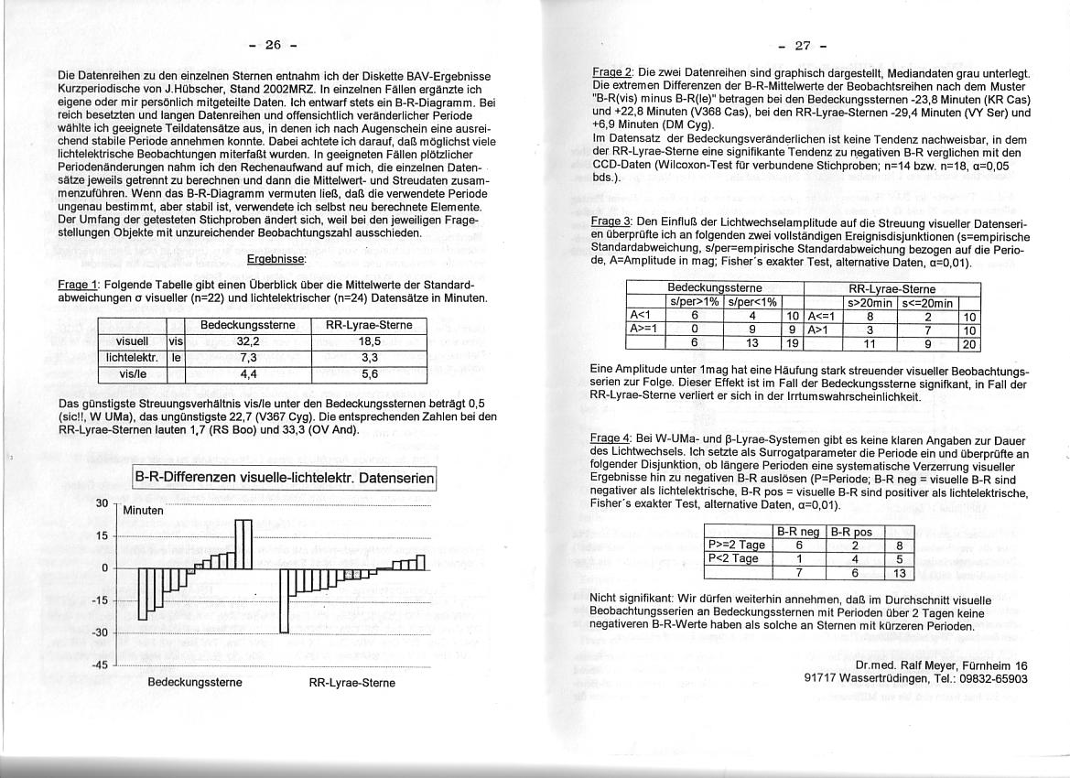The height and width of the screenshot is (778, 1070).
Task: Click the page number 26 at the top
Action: click(272, 45)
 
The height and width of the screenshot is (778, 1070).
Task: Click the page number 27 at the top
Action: click(803, 45)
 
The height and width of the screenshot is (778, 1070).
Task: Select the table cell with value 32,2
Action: click(249, 340)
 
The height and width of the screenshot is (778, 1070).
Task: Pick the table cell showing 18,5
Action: click(370, 340)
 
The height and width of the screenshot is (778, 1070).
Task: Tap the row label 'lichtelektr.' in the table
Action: click(133, 357)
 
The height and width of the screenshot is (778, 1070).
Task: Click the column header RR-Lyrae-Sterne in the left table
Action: click(370, 325)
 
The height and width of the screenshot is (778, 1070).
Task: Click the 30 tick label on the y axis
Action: click(102, 502)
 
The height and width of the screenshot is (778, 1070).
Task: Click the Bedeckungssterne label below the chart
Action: click(195, 682)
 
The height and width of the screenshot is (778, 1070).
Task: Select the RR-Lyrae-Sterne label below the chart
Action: click(352, 683)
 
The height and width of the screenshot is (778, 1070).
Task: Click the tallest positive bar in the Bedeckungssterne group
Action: click(243, 544)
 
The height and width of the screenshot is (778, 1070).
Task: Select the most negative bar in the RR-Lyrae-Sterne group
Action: click(284, 600)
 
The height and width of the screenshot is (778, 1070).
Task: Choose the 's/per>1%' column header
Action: click(694, 302)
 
